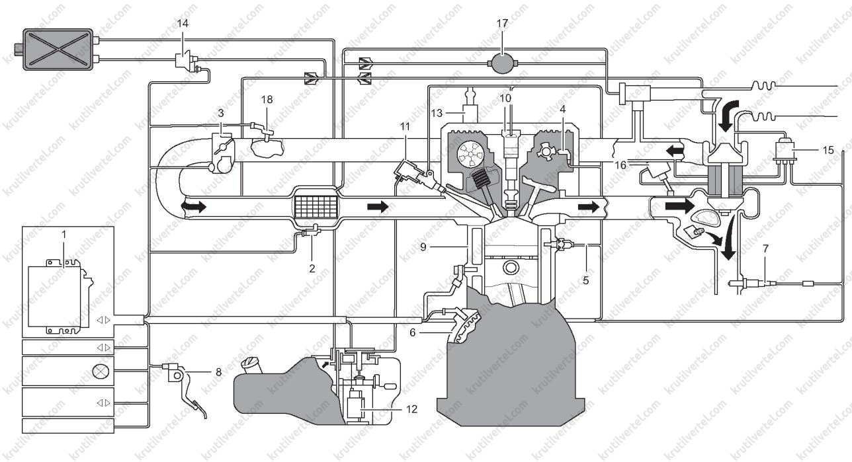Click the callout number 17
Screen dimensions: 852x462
point(502,24)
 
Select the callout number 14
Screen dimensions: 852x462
point(183,24)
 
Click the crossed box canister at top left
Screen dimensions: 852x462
point(58,49)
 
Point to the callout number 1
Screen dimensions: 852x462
point(64,235)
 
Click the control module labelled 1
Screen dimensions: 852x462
point(61,296)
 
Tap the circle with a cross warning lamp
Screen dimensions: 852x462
point(101,371)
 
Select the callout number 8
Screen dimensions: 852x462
point(219,371)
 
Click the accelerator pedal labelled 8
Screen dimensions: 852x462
point(187,391)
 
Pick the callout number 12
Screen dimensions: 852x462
point(411,409)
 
